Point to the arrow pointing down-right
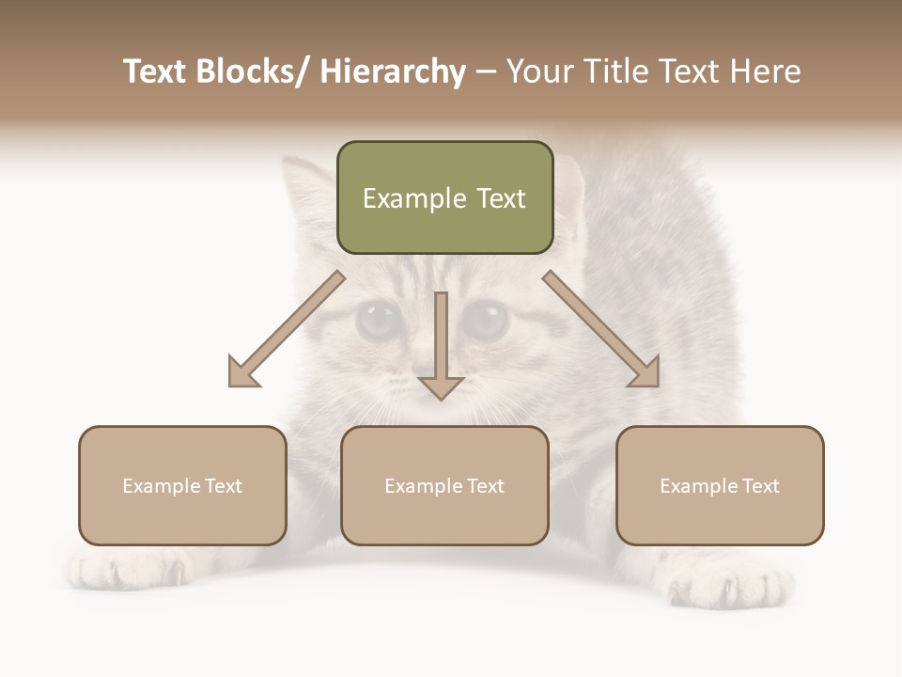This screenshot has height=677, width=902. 602,330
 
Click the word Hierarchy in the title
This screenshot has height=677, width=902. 393,71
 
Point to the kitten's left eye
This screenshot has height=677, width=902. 376,321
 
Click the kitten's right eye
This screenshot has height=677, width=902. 486,321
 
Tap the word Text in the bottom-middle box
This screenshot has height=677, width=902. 483,486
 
